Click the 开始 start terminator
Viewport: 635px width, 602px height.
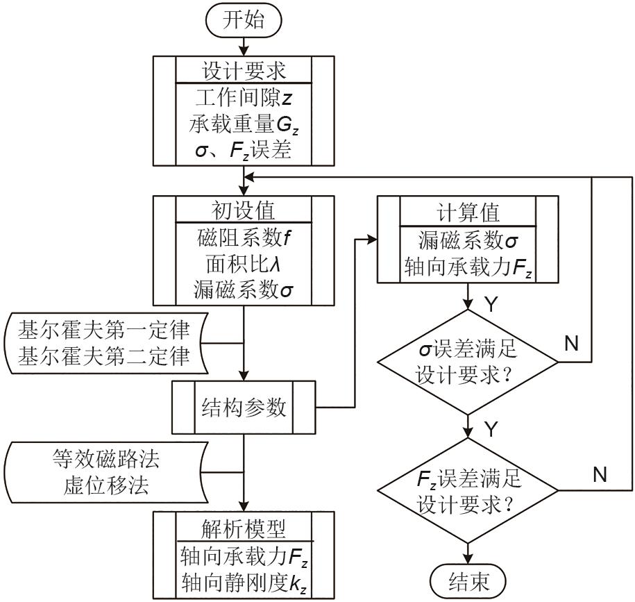click(x=243, y=19)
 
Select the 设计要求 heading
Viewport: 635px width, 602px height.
click(x=243, y=72)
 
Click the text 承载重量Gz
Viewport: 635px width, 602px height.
click(x=244, y=124)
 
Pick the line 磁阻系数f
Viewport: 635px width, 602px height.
click(x=243, y=237)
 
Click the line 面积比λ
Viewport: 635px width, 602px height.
click(x=243, y=264)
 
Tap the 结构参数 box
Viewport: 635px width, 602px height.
click(x=244, y=406)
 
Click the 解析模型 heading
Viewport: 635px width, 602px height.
click(x=243, y=528)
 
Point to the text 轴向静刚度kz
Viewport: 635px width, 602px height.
click(x=244, y=582)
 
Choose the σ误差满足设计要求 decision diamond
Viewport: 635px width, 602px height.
click(x=467, y=361)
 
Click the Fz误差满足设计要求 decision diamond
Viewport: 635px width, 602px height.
click(x=467, y=490)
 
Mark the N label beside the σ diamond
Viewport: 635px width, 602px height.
click(x=571, y=344)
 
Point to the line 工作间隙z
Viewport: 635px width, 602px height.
click(x=244, y=98)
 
